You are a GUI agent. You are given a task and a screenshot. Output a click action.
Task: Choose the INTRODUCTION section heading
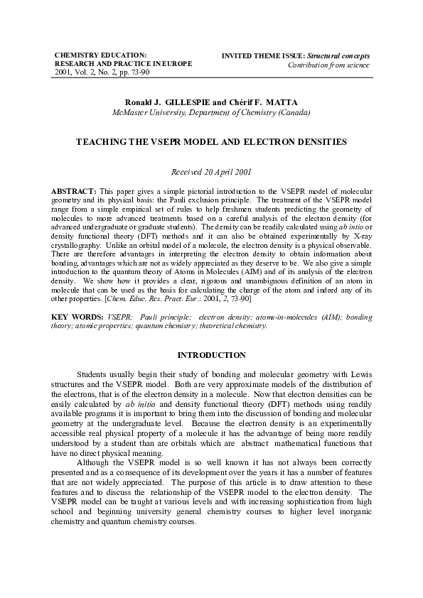point(211,355)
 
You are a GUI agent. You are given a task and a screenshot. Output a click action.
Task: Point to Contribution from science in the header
point(328,65)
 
